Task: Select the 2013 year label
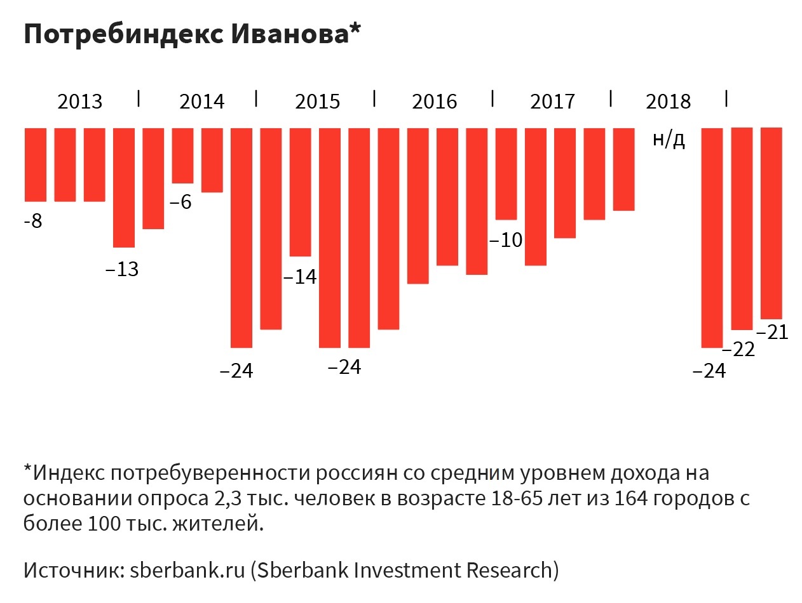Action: pyautogui.click(x=80, y=102)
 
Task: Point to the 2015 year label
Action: pyautogui.click(x=318, y=102)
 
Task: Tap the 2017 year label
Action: pyautogui.click(x=552, y=102)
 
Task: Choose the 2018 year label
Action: pyautogui.click(x=668, y=102)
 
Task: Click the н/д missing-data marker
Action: pyautogui.click(x=669, y=140)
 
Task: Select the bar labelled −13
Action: pyautogui.click(x=124, y=187)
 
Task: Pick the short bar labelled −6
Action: pyautogui.click(x=183, y=156)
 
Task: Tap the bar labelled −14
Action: pyautogui.click(x=301, y=192)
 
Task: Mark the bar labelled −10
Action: pyautogui.click(x=506, y=173)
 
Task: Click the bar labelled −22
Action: pyautogui.click(x=742, y=229)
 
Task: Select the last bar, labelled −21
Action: pyautogui.click(x=771, y=223)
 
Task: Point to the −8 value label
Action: pyautogui.click(x=32, y=222)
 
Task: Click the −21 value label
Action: pyautogui.click(x=771, y=332)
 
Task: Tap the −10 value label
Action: pyautogui.click(x=506, y=241)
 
